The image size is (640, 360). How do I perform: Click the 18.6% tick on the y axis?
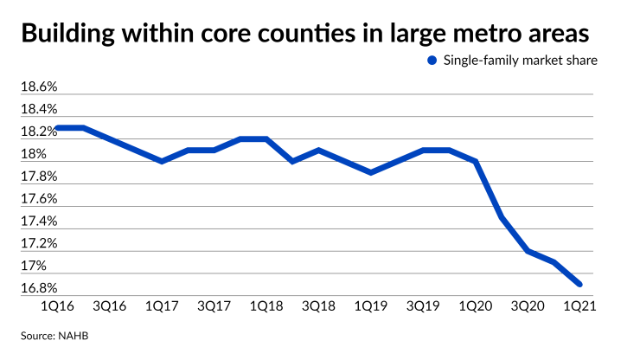pos(38,87)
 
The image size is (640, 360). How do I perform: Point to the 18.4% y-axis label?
pos(38,110)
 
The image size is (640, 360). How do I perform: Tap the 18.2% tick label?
pos(38,132)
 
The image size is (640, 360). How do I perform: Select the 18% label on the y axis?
pos(34,155)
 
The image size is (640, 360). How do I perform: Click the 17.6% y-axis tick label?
pos(38,199)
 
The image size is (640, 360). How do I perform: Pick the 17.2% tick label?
pos(38,244)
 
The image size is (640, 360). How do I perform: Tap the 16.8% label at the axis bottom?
pos(38,288)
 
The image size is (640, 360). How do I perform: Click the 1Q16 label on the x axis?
pos(56,306)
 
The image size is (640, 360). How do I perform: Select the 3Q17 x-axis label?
pos(214,306)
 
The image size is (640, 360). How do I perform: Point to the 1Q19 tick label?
pos(371,306)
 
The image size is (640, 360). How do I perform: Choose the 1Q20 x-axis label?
pos(476,306)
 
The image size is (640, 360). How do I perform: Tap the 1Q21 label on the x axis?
pos(579,306)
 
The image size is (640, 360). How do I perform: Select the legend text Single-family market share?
pos(517,61)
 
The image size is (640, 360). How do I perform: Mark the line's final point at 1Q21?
pos(579,284)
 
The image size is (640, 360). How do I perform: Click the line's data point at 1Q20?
pos(476,161)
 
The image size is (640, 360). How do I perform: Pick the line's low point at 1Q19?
pos(371,172)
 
